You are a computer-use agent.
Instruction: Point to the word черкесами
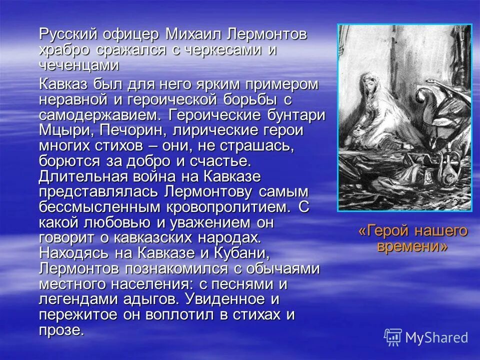(x=221, y=50)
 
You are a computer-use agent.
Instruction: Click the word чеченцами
(x=79, y=65)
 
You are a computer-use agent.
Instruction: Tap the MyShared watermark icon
(x=393, y=337)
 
